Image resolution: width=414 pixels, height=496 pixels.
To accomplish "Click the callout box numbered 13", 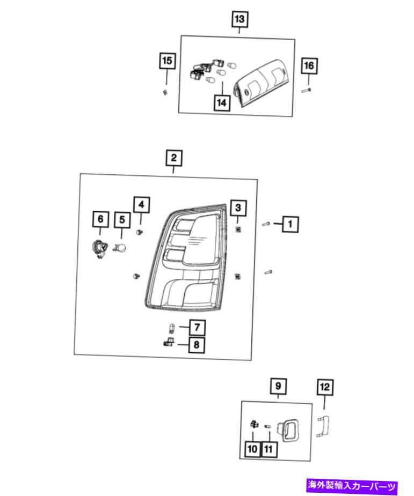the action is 239,19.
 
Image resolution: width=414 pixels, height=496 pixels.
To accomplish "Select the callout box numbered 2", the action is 174,158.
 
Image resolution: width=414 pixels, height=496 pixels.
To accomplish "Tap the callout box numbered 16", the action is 309,66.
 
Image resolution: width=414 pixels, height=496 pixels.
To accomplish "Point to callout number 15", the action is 167,61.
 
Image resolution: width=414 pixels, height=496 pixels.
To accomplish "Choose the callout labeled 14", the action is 222,102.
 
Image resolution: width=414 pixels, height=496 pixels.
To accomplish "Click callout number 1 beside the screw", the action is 290,224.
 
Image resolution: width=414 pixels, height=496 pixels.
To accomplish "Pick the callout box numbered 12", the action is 325,387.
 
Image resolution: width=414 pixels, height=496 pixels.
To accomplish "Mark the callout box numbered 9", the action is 278,386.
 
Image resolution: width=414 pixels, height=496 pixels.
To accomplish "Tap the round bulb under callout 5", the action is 120,248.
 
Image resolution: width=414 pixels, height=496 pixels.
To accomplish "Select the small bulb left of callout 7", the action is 172,328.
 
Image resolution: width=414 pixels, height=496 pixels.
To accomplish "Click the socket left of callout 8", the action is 169,342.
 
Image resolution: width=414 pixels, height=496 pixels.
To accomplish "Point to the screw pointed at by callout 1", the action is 265,224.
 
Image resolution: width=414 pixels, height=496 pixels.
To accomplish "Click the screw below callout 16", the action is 306,91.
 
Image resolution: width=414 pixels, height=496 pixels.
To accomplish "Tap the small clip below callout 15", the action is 165,92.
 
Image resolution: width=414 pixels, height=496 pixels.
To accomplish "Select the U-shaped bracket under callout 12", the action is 323,426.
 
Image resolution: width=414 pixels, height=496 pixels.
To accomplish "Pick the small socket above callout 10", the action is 254,424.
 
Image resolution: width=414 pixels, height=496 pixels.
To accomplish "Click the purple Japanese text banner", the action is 351,486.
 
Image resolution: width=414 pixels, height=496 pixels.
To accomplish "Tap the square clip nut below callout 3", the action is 238,229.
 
